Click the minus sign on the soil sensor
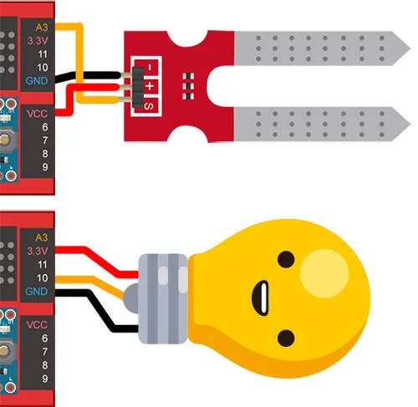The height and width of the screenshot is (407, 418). (150, 68)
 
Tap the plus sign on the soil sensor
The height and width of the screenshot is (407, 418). (150, 86)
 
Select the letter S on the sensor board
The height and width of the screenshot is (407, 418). (149, 106)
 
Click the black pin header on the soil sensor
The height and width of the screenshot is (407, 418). (138, 87)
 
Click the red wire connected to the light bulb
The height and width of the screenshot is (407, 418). (98, 259)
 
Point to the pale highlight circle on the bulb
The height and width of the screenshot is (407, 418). (324, 273)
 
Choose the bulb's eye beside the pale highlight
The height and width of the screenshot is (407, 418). (286, 259)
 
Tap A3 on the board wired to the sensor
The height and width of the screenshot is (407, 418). (42, 28)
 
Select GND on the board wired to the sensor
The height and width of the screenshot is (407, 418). (37, 81)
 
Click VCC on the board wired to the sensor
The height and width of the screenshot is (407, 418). (37, 114)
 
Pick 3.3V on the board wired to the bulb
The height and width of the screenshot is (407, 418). (38, 251)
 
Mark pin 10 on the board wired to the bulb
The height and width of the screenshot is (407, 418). (43, 277)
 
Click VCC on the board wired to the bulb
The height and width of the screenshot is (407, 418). (37, 325)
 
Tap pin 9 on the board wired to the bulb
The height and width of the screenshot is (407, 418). (45, 379)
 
